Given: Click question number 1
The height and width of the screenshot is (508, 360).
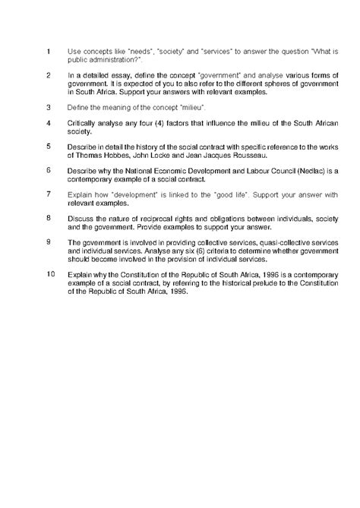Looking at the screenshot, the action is [x=49, y=52].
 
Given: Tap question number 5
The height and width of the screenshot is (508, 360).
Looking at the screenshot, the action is [x=49, y=145].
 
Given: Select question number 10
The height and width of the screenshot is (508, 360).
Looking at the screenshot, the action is [x=51, y=271].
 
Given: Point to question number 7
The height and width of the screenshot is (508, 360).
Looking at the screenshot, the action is [x=49, y=194].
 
